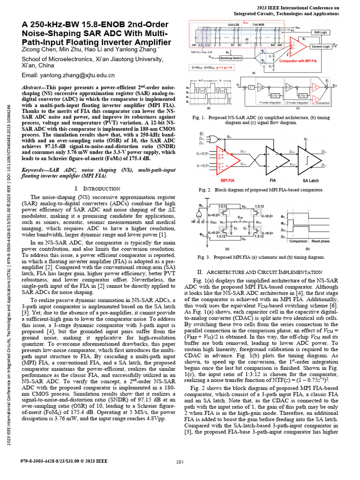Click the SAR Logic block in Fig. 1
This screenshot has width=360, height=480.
tap(320, 32)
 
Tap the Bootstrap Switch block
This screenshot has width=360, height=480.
tap(231, 57)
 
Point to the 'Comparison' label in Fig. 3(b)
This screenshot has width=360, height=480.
tap(298, 240)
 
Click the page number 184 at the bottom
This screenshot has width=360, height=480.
tap(179, 462)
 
